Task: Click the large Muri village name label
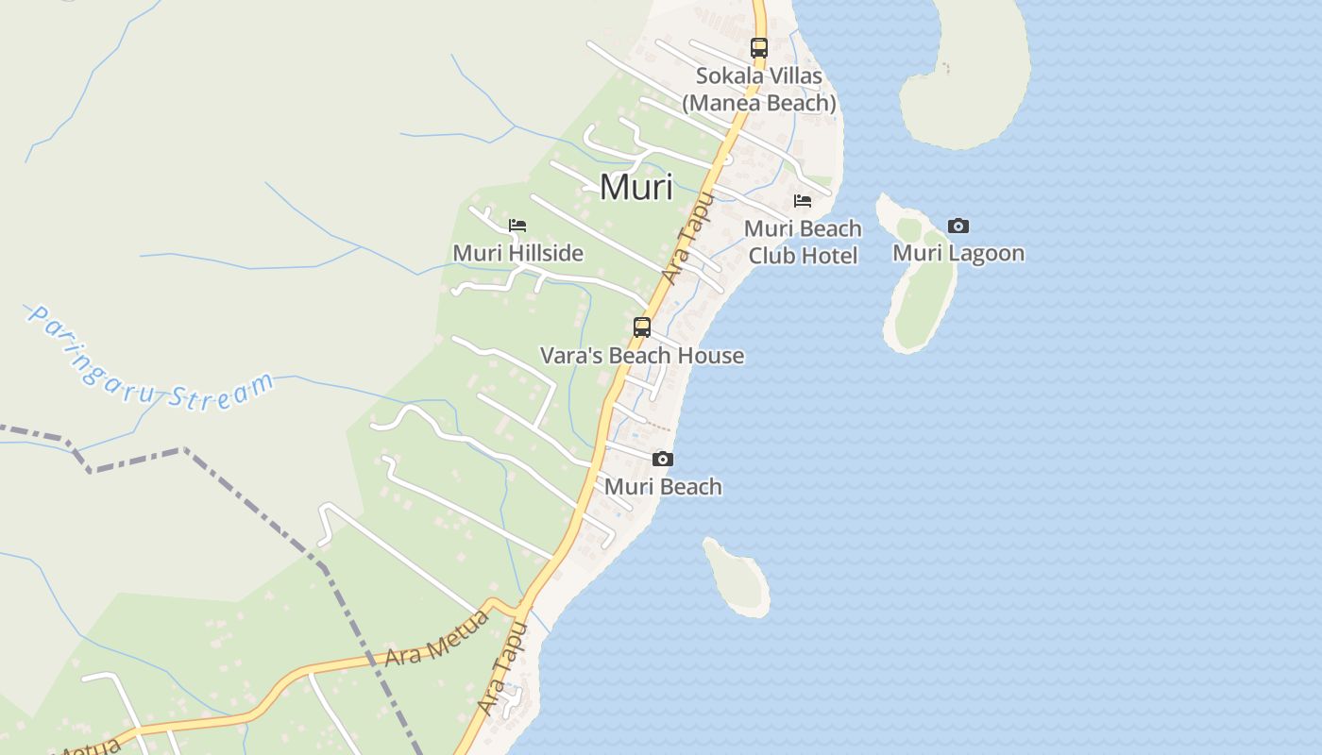point(636,187)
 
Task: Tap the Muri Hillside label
point(517,253)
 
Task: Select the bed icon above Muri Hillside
point(517,226)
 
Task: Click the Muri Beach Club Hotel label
point(803,242)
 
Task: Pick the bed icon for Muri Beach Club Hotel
point(803,201)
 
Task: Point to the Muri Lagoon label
point(958,253)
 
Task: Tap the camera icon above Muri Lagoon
point(958,226)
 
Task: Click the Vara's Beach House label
point(642,356)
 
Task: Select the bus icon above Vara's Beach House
point(642,327)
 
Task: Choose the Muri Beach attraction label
point(663,487)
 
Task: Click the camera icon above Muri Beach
point(663,460)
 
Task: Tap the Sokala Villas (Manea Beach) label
point(759,89)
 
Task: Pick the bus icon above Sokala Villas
point(759,47)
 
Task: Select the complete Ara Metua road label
point(436,639)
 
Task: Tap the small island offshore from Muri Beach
point(737,576)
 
